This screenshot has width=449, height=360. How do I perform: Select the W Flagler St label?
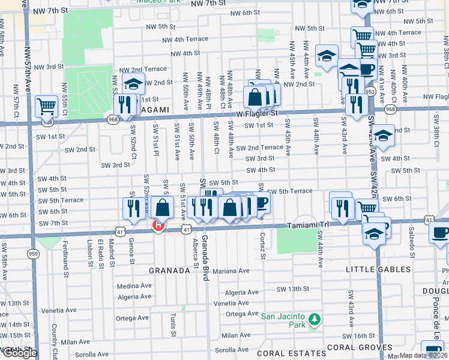(257, 112)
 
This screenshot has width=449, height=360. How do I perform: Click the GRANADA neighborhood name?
(170, 271)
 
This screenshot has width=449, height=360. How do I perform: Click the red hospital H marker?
(158, 226)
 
